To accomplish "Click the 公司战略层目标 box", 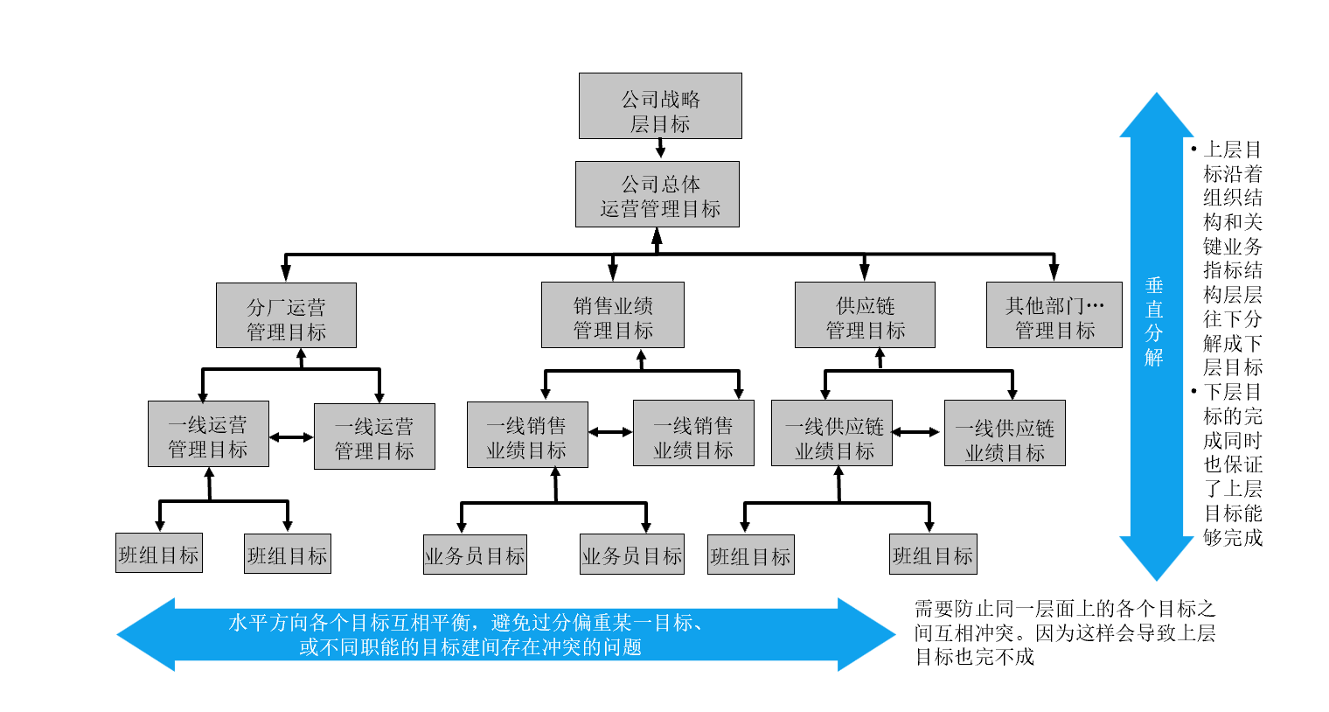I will pos(660,106).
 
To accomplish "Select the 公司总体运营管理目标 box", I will pos(658,194).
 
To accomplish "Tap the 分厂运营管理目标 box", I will pos(286,316).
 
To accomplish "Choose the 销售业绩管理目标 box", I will pos(612,315).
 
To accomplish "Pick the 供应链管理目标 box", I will pos(865,315).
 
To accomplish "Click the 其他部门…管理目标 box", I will pos(1054,315).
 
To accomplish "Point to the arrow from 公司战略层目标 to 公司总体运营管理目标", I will pos(660,150).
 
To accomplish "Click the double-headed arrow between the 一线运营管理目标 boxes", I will pos(291,436).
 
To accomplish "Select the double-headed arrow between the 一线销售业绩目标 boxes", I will pos(610,432).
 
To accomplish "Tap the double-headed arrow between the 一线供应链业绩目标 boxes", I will pos(916,432).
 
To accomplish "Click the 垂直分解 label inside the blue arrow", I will pos(1154,321).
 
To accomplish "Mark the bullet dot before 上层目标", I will pos(1194,150).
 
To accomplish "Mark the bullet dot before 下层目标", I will pos(1194,391).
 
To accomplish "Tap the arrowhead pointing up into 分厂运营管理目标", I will pos(301,355).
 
